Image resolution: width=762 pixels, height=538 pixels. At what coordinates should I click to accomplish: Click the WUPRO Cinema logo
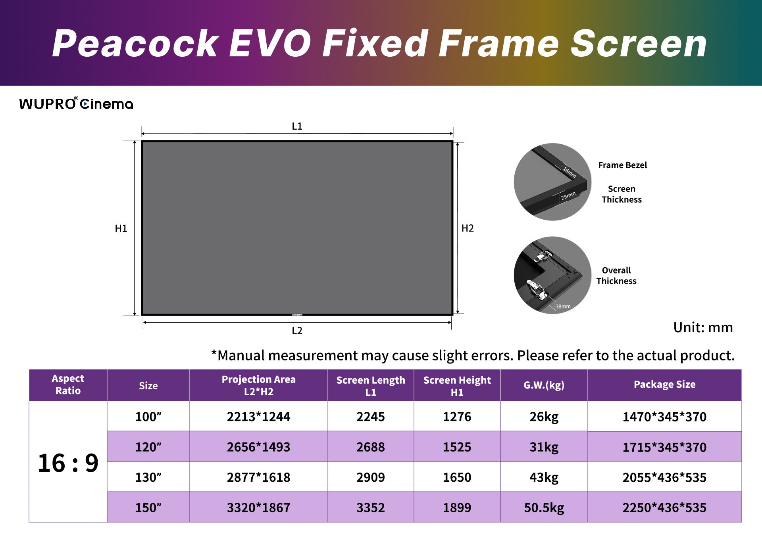click(x=76, y=103)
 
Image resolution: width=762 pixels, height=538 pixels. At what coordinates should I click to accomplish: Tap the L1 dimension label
click(x=297, y=126)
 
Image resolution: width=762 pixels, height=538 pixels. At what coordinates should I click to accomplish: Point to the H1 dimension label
click(x=121, y=228)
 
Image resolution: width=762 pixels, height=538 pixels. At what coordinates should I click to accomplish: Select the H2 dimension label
click(x=468, y=228)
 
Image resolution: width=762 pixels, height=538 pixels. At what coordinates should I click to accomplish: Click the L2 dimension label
click(x=297, y=331)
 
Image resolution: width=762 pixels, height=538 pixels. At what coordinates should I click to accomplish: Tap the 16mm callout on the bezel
click(x=569, y=172)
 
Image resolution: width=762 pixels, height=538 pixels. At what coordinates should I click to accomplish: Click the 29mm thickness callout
click(x=568, y=196)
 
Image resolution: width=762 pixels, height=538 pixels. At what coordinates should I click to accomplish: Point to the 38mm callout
click(x=563, y=306)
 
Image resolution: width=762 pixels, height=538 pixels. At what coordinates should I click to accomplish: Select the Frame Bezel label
click(x=622, y=165)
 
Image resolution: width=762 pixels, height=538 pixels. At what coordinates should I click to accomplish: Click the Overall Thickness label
click(x=616, y=276)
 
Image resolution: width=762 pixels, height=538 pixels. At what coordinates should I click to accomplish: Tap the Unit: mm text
click(x=703, y=327)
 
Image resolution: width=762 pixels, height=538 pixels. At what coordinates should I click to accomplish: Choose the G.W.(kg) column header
click(x=544, y=385)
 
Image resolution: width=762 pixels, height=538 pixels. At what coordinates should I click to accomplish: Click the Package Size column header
click(x=664, y=384)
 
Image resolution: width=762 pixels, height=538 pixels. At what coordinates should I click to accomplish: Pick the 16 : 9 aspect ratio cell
click(x=68, y=463)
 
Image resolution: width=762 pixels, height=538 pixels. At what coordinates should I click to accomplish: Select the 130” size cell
click(x=148, y=477)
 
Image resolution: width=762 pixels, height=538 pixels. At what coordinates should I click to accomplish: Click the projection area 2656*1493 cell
click(x=258, y=447)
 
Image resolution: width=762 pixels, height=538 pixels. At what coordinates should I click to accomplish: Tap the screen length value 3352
click(x=370, y=507)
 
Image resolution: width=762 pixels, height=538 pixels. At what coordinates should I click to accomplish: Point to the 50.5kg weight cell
click(x=544, y=507)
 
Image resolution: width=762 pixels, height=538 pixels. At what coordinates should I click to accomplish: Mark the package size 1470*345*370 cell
click(x=664, y=417)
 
